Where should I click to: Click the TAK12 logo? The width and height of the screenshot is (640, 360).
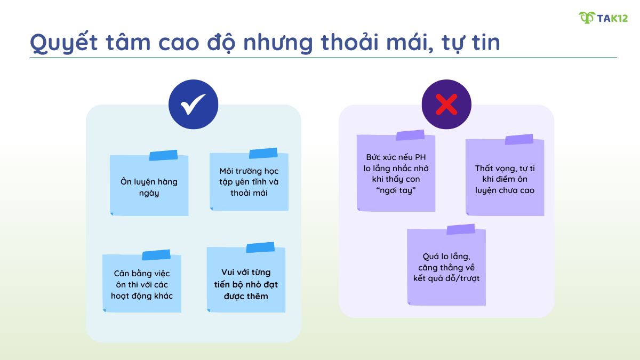point(603,18)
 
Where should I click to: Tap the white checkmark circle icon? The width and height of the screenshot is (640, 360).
point(193,105)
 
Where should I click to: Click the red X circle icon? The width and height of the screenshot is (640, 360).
point(446,105)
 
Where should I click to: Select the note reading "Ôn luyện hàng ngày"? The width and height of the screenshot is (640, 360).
point(149,187)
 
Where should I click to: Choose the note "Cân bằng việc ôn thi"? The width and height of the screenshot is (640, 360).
point(142,285)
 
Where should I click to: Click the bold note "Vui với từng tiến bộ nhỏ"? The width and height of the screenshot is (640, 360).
point(246,284)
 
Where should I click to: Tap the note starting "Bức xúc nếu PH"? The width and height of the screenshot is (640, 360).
point(396,174)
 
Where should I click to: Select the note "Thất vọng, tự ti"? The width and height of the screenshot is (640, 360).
point(505,179)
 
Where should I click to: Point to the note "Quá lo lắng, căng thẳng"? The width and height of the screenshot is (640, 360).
point(446,267)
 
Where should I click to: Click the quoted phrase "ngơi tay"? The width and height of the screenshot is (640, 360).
point(396,190)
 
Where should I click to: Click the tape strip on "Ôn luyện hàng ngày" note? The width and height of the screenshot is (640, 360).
point(163,155)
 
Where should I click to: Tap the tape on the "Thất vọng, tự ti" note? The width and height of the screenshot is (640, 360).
point(519,140)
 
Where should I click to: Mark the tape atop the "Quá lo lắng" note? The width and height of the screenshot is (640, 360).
point(461,229)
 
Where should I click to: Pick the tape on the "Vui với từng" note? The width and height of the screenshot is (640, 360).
point(260,247)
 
